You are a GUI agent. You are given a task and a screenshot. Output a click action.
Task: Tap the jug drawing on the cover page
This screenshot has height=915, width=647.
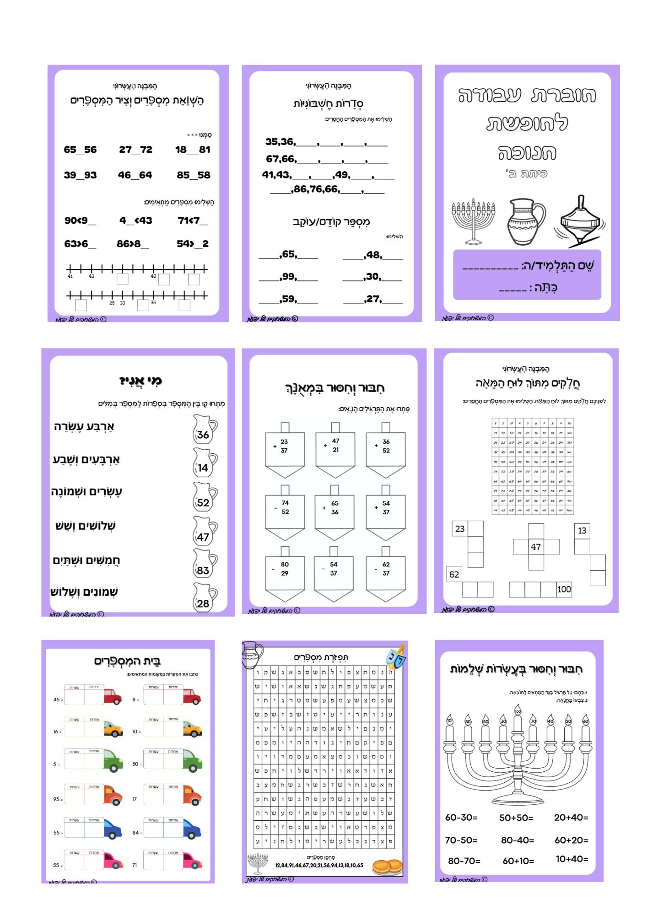point(525,222)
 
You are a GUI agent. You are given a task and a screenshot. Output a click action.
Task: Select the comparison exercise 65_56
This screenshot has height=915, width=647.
point(80,150)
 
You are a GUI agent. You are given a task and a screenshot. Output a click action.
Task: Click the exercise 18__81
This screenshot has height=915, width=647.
point(193,150)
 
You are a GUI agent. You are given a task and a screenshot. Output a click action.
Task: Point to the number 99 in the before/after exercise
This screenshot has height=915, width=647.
point(289,276)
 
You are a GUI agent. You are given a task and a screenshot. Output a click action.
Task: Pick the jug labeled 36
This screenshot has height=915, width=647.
point(204,430)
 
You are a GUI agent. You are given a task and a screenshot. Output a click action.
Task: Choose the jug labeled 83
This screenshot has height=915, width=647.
point(204,565)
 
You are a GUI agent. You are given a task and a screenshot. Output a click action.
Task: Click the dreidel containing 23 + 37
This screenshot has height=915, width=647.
point(285,451)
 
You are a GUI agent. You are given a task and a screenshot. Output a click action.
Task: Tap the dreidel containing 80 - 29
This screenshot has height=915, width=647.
point(285,574)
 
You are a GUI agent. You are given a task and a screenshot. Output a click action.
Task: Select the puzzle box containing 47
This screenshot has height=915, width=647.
point(536,547)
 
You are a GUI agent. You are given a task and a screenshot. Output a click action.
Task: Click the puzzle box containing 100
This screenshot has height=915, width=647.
point(564,589)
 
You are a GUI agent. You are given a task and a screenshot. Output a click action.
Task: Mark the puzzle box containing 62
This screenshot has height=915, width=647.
point(454,574)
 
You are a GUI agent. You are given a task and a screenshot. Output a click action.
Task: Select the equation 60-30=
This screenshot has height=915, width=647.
point(461,818)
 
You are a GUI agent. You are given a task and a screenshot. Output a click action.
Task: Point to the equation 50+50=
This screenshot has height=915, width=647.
point(516,818)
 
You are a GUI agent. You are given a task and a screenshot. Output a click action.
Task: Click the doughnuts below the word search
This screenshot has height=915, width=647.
point(387,867)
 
